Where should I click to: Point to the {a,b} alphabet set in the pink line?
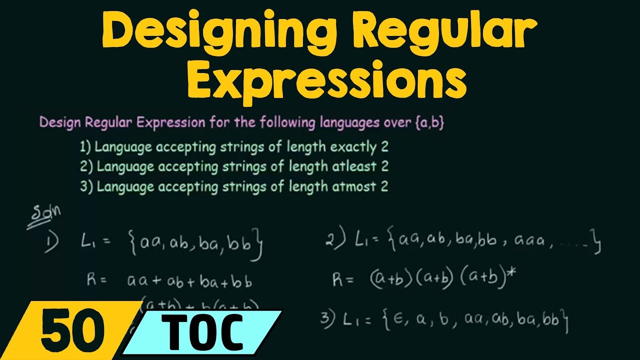pos(429,123)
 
